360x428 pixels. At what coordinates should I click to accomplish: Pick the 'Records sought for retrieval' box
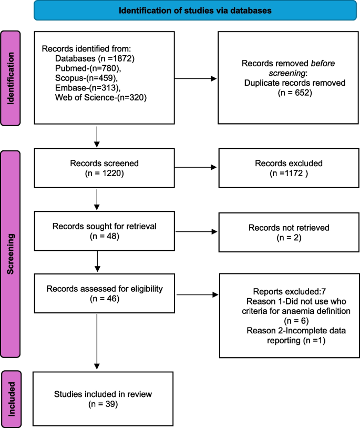point(103,232)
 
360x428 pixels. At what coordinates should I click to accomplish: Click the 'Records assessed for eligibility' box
point(103,293)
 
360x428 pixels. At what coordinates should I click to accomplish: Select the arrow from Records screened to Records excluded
point(195,168)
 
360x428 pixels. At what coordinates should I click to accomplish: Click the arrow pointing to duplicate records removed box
point(195,79)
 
